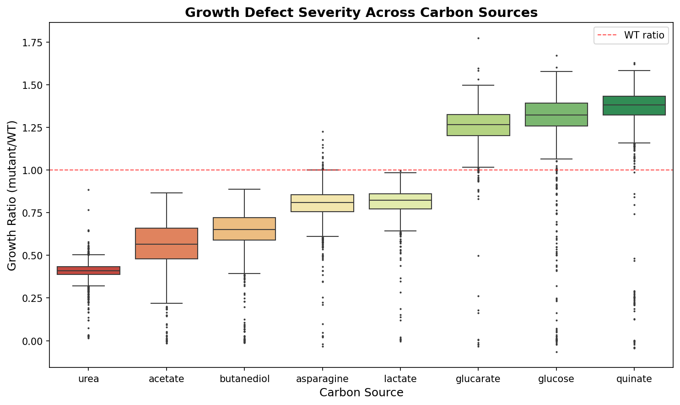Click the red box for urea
[x=88, y=270]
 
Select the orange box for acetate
[x=167, y=243]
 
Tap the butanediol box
[x=244, y=229]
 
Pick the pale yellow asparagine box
[x=323, y=203]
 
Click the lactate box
[x=400, y=201]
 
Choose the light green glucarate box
[x=478, y=125]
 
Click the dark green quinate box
[x=634, y=105]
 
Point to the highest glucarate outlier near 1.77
[x=478, y=38]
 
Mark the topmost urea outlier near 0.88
[x=88, y=190]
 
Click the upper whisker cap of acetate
[x=167, y=193]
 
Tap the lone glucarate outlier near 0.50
[x=478, y=256]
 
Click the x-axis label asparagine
[x=322, y=379]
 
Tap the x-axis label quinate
[x=634, y=379]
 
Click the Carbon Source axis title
[x=361, y=393]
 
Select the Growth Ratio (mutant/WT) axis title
[x=12, y=196]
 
